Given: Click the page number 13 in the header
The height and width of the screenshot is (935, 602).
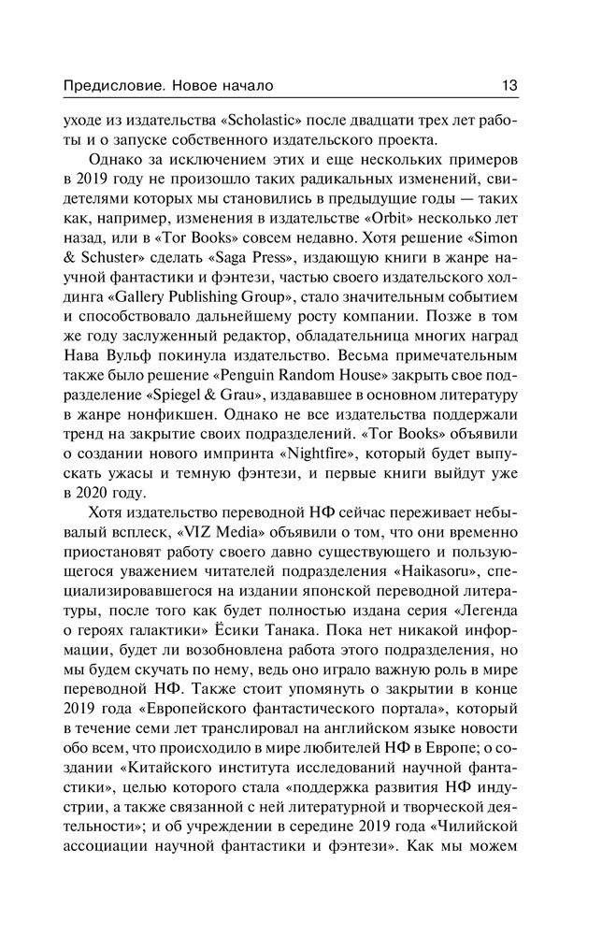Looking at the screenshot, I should [x=510, y=85].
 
